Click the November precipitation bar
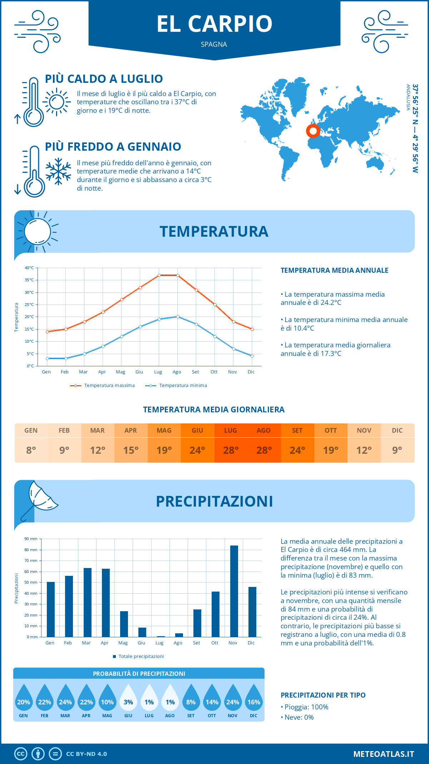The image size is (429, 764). tap(234, 591)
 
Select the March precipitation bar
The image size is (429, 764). tap(87, 602)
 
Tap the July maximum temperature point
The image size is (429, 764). tap(159, 275)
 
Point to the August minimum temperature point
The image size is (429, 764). tap(178, 317)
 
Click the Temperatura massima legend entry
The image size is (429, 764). tap(103, 386)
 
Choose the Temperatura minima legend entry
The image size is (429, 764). tap(176, 386)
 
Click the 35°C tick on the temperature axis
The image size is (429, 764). tap(29, 280)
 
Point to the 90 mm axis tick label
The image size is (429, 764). tap(31, 539)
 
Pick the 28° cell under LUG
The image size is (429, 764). tap(231, 450)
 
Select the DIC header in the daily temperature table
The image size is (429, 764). tap(397, 431)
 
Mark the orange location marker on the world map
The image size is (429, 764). tap(313, 131)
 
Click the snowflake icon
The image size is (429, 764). tap(58, 171)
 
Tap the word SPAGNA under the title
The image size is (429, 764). tap(214, 44)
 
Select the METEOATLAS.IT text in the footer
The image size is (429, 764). tap(384, 754)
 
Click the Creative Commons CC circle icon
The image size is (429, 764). tap(21, 754)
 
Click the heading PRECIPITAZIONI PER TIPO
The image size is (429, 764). tap(323, 695)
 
